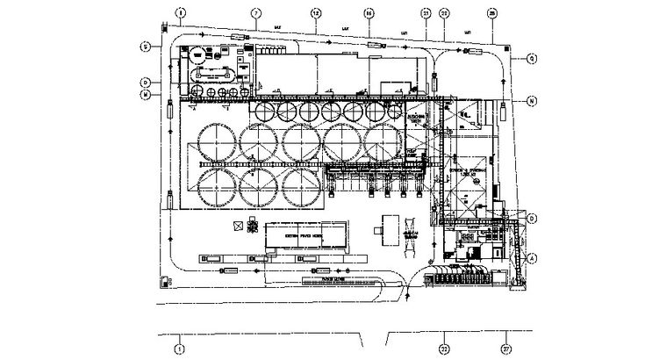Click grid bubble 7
click(256, 13)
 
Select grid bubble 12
click(316, 13)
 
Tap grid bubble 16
click(369, 13)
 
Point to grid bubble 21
click(425, 13)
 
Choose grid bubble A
click(532, 257)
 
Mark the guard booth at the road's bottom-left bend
click(165, 281)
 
